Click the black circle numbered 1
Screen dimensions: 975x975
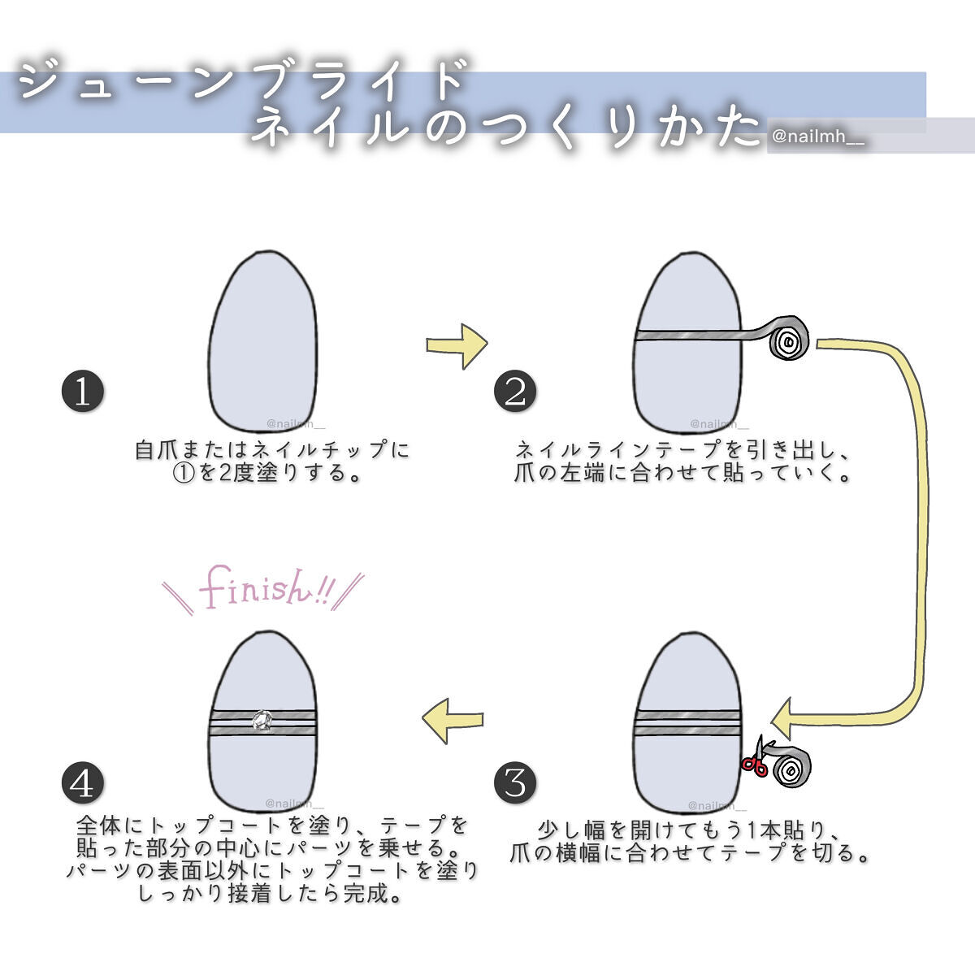click(83, 392)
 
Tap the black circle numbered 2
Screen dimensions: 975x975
click(515, 392)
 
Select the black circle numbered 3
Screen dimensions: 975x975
click(515, 783)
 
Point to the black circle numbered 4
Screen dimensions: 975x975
click(83, 783)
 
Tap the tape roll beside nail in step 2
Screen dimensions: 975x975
click(788, 340)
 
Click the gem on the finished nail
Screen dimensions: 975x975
click(262, 721)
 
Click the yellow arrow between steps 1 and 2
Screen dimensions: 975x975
click(457, 345)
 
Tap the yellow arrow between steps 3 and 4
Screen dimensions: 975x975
click(452, 719)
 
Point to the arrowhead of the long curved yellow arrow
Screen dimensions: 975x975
click(786, 718)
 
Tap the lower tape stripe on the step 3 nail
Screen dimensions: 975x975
click(687, 730)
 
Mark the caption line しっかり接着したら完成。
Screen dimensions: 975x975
click(271, 895)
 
